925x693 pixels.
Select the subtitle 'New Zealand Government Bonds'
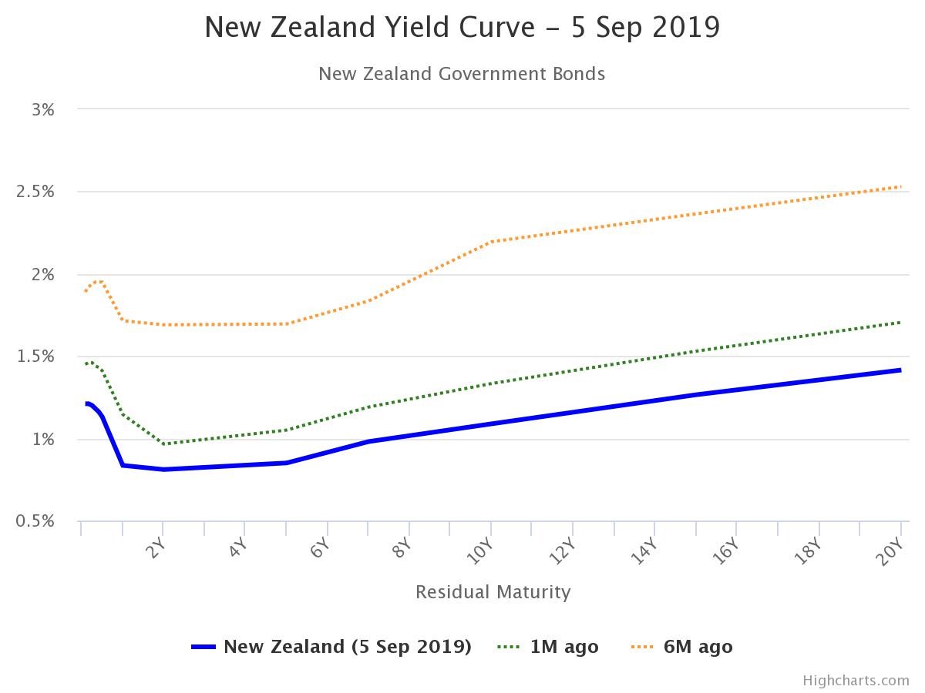462,74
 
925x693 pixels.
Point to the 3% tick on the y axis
43,109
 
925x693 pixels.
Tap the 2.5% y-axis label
35,192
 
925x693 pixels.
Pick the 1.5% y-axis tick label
35,357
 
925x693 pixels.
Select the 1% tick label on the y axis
43,440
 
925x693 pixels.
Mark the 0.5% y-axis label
35,522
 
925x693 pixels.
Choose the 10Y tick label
483,552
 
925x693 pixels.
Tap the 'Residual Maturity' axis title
493,592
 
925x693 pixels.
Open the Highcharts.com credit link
856,681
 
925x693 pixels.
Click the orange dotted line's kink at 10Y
491,241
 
